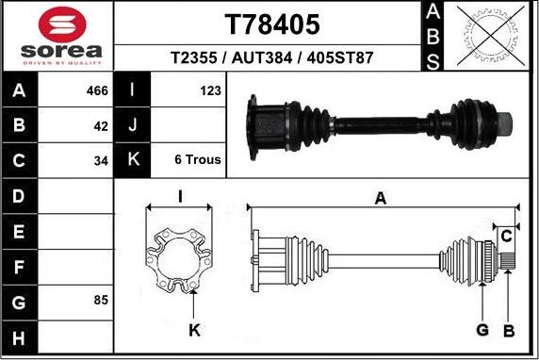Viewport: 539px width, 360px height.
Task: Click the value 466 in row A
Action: click(97, 91)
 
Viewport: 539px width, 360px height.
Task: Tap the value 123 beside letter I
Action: click(210, 91)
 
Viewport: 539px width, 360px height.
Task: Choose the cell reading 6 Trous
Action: click(198, 159)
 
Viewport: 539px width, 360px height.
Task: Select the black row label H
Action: click(20, 336)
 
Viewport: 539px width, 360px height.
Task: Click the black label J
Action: click(133, 125)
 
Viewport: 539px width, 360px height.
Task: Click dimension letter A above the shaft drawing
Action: click(380, 198)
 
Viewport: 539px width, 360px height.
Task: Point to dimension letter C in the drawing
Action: click(506, 235)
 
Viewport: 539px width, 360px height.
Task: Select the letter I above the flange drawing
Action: click(179, 196)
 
